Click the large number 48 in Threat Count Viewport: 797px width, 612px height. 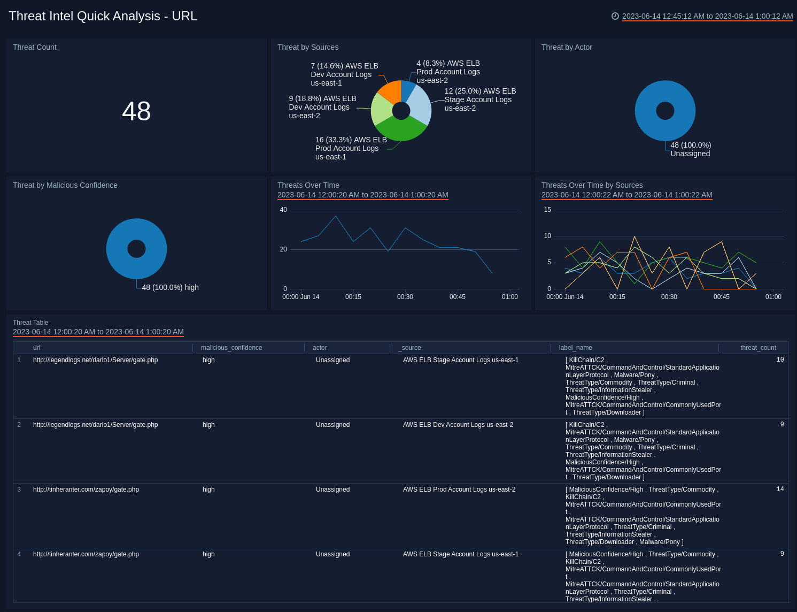coord(136,111)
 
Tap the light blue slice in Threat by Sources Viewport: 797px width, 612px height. coord(419,108)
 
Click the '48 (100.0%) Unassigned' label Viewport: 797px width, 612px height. coord(690,149)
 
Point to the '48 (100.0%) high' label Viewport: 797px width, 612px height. coord(170,287)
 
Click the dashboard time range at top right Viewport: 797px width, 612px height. coord(707,16)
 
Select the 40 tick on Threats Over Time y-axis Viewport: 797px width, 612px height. coord(283,210)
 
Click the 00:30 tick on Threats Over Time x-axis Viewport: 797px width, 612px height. coord(405,297)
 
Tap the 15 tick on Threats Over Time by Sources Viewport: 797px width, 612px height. coord(547,210)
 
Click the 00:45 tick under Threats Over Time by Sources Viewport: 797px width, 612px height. coord(721,297)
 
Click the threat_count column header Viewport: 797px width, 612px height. coord(757,348)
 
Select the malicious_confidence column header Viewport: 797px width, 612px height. coord(231,348)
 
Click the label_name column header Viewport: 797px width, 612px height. coord(575,348)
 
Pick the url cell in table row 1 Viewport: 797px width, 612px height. coord(95,360)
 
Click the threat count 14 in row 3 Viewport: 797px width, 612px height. coord(780,489)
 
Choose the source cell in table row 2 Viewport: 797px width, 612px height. coord(458,425)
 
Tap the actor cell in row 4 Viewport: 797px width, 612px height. coord(332,554)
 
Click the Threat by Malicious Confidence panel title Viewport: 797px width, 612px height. coord(65,185)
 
